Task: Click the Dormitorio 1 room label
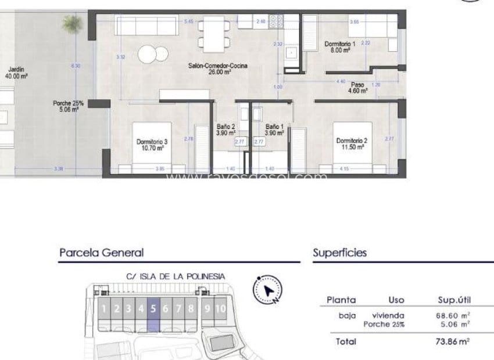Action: pyautogui.click(x=338, y=47)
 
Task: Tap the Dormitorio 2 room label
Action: pyautogui.click(x=352, y=143)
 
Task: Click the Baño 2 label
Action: pyautogui.click(x=225, y=129)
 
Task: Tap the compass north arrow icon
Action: pyautogui.click(x=267, y=290)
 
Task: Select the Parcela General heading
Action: pyautogui.click(x=101, y=253)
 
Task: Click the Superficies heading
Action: pyautogui.click(x=339, y=253)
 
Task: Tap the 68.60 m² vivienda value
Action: pyautogui.click(x=454, y=315)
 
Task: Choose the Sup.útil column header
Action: pyautogui.click(x=454, y=300)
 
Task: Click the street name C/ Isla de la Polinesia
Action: pyautogui.click(x=175, y=276)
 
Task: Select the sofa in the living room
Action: pyautogui.click(x=146, y=26)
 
